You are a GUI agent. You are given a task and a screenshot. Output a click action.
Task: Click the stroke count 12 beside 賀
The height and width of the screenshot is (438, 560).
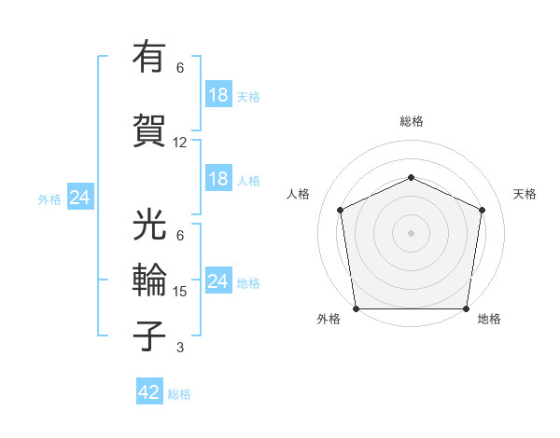coord(180,143)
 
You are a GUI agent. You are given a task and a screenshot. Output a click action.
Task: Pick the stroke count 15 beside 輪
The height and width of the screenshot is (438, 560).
coord(180,292)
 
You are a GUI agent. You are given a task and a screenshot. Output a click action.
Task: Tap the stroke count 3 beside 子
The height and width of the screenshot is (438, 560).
coord(179,348)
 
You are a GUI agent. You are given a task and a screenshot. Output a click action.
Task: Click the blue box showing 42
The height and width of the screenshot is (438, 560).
coord(149,392)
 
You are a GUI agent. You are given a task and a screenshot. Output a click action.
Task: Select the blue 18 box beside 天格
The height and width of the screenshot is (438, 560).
coord(218,95)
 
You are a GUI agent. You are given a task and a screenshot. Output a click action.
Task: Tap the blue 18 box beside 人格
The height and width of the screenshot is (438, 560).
coord(218,179)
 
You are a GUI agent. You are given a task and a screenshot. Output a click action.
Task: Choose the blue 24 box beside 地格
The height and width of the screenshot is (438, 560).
coord(218,281)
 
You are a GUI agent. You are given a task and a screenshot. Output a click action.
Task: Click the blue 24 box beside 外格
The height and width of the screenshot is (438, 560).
coord(80,198)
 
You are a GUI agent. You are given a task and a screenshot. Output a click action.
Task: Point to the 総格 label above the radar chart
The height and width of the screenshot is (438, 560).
coord(412,121)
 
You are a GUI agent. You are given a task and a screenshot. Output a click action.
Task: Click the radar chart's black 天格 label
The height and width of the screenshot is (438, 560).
coord(525,194)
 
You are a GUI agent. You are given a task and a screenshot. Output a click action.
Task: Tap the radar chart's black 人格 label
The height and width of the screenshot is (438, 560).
coord(299,194)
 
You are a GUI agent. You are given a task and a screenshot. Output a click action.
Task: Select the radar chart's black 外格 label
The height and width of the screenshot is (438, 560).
coord(329,320)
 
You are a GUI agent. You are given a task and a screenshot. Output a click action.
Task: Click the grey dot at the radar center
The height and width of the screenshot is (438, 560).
coord(412,232)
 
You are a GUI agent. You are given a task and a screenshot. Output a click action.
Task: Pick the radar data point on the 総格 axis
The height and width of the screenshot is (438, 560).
coord(412,177)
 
